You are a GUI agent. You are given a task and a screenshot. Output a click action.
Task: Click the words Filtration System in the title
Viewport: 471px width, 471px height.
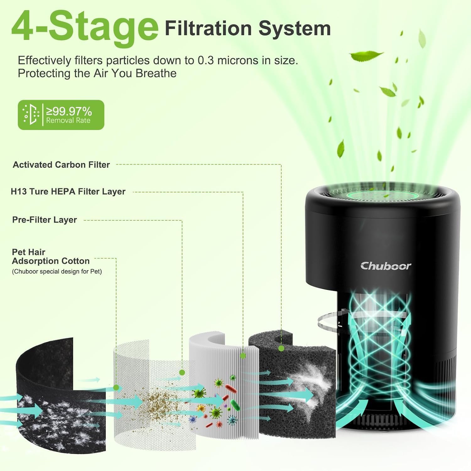(248, 29)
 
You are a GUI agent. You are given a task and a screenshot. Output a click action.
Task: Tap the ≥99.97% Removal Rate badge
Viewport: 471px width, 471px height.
(61, 115)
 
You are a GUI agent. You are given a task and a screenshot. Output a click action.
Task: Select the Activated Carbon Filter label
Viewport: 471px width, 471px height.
(61, 165)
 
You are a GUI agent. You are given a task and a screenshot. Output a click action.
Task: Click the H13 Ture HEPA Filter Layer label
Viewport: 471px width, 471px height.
(68, 192)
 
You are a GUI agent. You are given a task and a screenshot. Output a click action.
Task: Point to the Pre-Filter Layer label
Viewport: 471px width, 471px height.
(45, 220)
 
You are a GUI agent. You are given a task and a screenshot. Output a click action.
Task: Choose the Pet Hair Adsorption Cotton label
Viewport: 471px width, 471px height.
(51, 257)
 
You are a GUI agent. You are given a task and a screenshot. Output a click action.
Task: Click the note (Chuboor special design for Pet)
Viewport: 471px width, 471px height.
(57, 272)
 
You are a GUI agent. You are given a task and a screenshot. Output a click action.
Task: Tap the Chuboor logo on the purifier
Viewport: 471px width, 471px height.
(386, 266)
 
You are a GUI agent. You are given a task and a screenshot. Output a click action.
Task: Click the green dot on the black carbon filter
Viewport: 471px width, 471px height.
(281, 348)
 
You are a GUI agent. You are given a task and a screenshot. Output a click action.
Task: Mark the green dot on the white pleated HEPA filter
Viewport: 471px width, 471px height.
(242, 356)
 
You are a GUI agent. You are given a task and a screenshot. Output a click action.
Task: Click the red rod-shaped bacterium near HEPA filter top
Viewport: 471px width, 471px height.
(231, 389)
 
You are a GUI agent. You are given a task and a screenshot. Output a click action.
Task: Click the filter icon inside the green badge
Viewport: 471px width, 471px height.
(31, 115)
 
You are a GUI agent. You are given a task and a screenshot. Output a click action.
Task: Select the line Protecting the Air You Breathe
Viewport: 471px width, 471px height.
(97, 73)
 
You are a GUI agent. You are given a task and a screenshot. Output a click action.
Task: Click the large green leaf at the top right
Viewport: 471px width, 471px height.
(366, 56)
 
